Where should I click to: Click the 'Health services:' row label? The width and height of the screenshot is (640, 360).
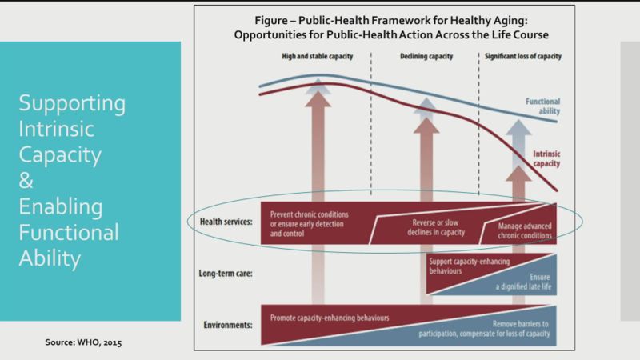pos(226,222)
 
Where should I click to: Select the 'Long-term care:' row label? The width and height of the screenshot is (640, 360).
pos(226,273)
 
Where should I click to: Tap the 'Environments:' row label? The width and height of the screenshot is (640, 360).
pos(228,325)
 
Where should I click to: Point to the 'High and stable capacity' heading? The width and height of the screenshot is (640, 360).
pos(317,56)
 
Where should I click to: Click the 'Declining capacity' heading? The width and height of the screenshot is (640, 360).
pos(426,56)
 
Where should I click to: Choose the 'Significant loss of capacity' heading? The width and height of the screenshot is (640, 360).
pos(523,56)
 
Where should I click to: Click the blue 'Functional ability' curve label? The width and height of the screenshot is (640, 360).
pos(542,106)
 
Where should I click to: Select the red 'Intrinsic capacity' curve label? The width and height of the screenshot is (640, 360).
pos(546,158)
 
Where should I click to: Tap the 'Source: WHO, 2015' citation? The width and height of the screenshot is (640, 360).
pos(83,342)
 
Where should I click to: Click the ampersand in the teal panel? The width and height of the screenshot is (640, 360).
pos(26,180)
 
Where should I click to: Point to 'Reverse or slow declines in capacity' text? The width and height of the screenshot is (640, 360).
pos(435,227)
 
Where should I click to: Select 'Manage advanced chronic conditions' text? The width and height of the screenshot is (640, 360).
pos(525,230)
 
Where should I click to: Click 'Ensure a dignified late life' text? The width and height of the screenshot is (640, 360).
pos(523,282)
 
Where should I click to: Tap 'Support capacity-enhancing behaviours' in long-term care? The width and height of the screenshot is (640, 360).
pos(469,266)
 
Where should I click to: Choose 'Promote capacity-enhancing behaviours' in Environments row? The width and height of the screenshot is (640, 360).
pos(330,318)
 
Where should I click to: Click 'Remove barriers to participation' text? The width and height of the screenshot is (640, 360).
pos(484,329)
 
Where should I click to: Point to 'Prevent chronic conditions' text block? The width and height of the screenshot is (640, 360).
pos(309,224)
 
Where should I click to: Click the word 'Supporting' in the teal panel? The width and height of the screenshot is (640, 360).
pos(72,104)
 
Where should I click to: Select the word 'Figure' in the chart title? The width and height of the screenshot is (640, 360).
pos(271,21)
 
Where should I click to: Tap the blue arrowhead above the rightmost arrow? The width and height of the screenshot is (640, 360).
pos(518,127)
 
